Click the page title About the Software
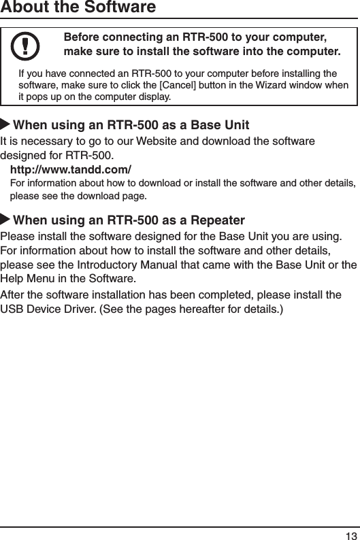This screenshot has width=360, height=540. [78, 8]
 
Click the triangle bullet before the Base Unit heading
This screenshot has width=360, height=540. [6, 126]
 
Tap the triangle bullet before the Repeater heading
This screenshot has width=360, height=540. [6, 220]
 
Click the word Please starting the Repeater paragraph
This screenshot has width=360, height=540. [20, 236]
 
